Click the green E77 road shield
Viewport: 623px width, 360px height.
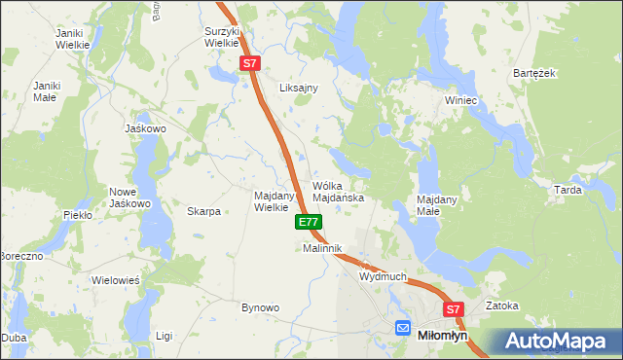pyautogui.click(x=309, y=222)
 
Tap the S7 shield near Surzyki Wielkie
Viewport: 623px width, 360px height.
pyautogui.click(x=250, y=63)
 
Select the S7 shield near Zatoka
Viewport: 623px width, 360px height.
pyautogui.click(x=453, y=309)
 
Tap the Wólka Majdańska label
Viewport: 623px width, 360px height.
pyautogui.click(x=338, y=191)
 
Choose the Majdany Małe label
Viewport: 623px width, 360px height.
pyautogui.click(x=437, y=204)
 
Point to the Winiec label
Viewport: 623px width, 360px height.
pyautogui.click(x=460, y=100)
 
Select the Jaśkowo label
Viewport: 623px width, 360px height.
pyautogui.click(x=146, y=128)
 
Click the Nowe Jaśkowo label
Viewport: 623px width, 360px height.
pyautogui.click(x=129, y=198)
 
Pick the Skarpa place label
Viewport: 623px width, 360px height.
pyautogui.click(x=203, y=211)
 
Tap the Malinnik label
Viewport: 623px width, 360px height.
pyautogui.click(x=323, y=249)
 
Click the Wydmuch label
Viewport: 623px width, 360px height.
pyautogui.click(x=383, y=276)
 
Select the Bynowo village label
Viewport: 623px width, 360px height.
pyautogui.click(x=260, y=307)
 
